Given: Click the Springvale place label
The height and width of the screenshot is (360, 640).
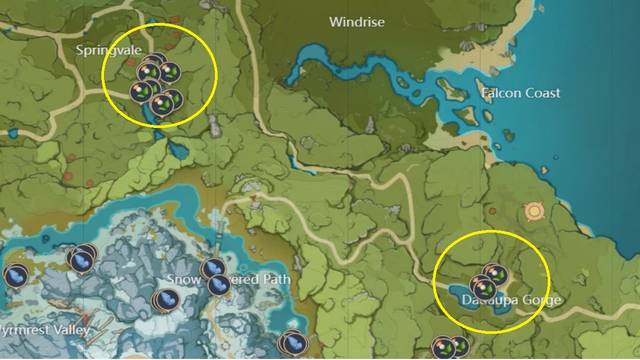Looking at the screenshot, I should click(x=108, y=50).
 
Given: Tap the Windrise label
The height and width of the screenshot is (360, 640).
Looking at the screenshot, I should click(x=357, y=22).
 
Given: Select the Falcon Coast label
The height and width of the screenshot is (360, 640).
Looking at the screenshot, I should click(x=521, y=93).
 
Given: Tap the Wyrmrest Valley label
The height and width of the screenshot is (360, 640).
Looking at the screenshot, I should click(x=45, y=330).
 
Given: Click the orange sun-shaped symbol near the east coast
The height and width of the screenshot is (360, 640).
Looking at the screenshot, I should click(x=533, y=211).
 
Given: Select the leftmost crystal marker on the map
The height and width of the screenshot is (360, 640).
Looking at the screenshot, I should click(x=16, y=276).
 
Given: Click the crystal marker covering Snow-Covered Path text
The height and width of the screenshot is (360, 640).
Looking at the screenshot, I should click(x=219, y=285).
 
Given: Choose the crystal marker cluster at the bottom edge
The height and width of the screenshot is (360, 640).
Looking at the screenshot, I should click(x=294, y=343).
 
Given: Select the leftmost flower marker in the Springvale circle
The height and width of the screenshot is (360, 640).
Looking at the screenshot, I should click(x=140, y=91).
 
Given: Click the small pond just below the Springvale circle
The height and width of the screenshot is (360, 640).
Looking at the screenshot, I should click(x=179, y=151).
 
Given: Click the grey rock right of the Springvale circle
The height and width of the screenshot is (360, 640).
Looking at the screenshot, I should click(x=214, y=126).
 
